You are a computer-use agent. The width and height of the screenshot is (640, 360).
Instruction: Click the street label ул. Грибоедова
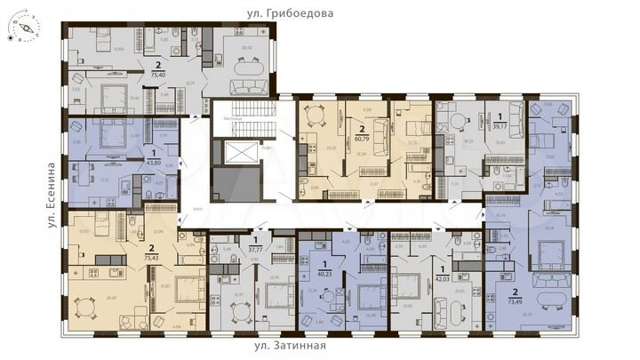[x=289, y=13]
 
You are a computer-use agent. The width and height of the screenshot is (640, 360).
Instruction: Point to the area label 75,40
[x=158, y=76]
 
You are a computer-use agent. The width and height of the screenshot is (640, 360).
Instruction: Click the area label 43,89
[x=155, y=163]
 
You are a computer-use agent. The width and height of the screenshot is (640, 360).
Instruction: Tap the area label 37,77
[x=257, y=250]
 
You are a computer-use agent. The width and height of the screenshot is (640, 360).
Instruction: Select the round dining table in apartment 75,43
[x=85, y=308]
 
